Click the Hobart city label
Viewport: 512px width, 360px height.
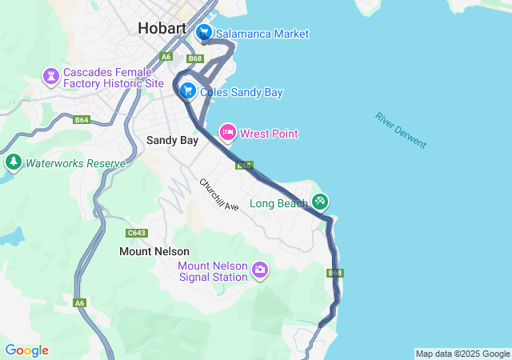(x=162, y=28)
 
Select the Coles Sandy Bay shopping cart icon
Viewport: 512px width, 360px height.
(x=188, y=91)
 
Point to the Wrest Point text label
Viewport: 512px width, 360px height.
(x=269, y=134)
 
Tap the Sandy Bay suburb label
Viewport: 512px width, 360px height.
(x=172, y=140)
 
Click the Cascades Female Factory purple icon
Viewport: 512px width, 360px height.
(x=52, y=78)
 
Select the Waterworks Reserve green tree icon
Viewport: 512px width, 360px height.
(x=13, y=163)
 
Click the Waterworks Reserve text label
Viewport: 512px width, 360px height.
(x=75, y=164)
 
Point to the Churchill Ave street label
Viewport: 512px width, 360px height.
(x=219, y=194)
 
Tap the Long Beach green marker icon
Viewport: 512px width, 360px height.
(x=320, y=202)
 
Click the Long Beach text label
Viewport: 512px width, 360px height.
(x=278, y=203)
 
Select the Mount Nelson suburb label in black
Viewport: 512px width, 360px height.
(x=154, y=251)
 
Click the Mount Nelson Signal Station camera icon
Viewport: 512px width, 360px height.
(x=259, y=270)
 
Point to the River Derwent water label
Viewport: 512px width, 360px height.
(x=401, y=130)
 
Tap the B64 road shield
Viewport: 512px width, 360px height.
(x=82, y=120)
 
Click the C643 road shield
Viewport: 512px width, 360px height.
(x=137, y=233)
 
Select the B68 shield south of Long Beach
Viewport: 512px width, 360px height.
(x=335, y=273)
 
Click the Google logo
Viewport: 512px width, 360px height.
(x=26, y=350)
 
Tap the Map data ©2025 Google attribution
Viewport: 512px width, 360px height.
(x=462, y=354)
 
